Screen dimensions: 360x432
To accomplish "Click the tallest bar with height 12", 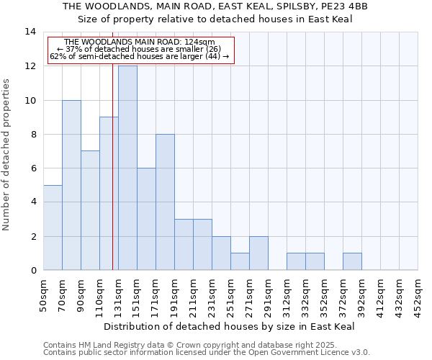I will point(127,168).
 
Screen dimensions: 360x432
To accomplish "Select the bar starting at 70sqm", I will point(71,185).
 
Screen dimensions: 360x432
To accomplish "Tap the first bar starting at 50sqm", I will point(53,228).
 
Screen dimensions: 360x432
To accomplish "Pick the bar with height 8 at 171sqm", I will point(165,202).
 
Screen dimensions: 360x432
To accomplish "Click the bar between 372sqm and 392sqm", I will point(352,261).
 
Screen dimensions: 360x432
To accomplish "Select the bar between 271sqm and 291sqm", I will point(258,253).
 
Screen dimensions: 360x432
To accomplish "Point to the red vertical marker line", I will point(113,180).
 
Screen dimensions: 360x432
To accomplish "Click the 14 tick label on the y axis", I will point(30,32).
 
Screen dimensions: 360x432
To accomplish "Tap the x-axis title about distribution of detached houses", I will point(234,327).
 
